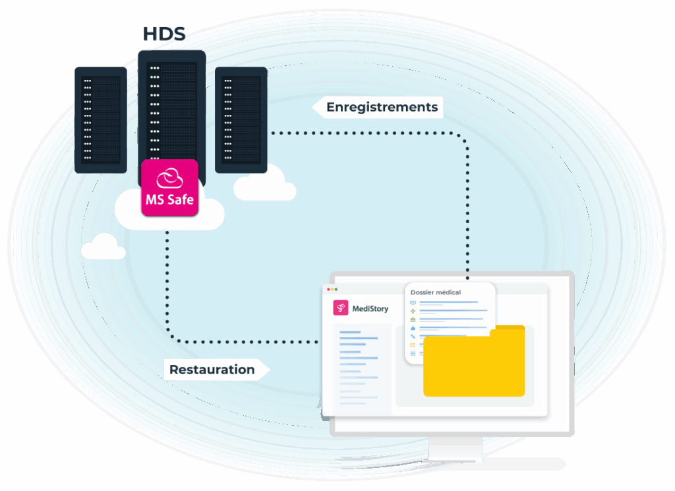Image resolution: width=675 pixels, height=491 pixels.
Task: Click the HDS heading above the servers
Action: (x=164, y=34)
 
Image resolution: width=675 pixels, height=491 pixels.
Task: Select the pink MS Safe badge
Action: (x=169, y=187)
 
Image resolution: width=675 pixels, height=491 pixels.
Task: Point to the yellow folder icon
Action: (x=474, y=363)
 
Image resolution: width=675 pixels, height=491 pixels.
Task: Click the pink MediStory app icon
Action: (x=341, y=308)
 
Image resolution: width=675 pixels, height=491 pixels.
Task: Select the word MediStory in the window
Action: (x=370, y=309)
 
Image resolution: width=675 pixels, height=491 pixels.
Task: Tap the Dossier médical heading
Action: (x=436, y=292)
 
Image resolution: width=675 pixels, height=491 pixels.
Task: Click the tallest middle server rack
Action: (x=171, y=106)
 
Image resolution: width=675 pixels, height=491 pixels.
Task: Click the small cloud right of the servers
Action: (x=264, y=185)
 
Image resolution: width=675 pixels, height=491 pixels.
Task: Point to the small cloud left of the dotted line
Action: (x=103, y=247)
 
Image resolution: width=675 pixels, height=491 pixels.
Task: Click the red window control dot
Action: (x=326, y=289)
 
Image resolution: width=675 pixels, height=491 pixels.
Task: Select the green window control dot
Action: (x=336, y=289)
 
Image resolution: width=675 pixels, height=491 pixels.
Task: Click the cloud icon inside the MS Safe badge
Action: (x=169, y=178)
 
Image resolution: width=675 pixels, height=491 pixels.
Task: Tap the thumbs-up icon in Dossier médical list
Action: (x=413, y=327)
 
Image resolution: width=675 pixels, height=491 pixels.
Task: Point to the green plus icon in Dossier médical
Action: (x=413, y=311)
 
